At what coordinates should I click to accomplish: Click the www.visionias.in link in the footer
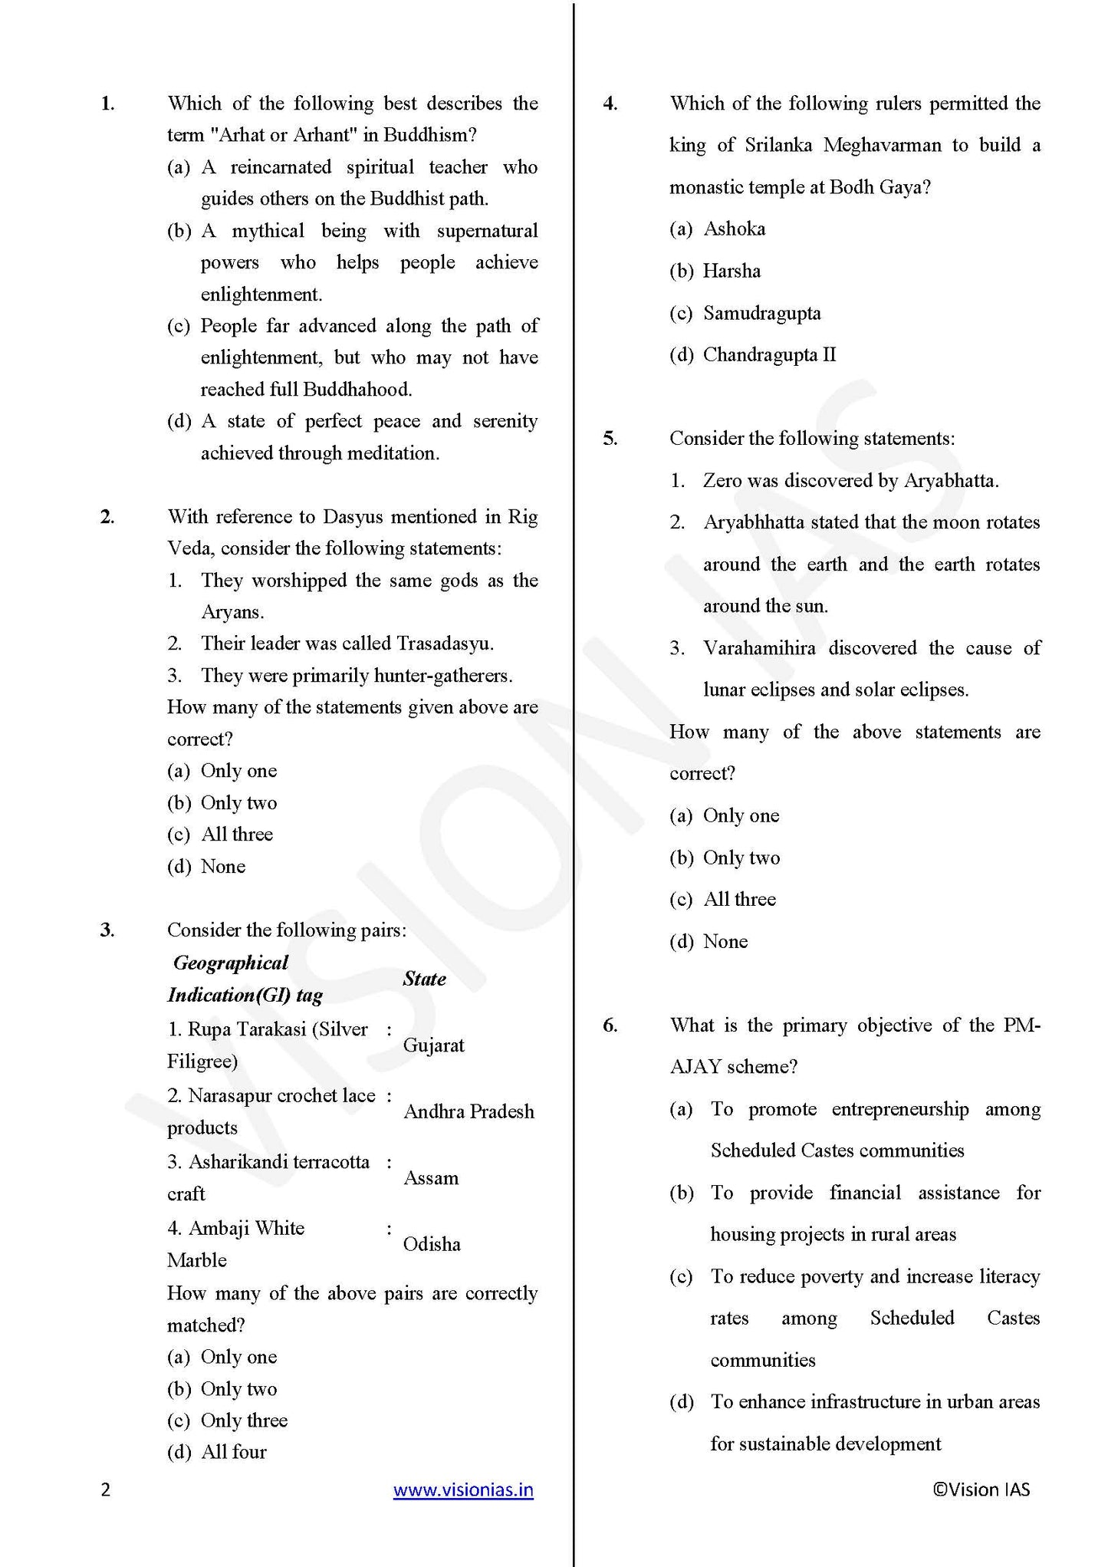point(463,1490)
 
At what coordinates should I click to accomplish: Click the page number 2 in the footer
point(106,1490)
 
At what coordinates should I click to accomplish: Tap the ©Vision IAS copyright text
point(981,1490)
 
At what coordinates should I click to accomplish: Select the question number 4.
point(610,104)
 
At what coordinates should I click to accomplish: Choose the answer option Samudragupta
point(761,313)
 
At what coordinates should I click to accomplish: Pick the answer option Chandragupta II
point(769,354)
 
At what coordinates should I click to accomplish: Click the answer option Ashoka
point(734,229)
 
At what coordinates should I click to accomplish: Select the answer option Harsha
point(732,271)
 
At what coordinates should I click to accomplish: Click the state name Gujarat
point(433,1045)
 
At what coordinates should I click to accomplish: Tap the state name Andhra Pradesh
point(469,1111)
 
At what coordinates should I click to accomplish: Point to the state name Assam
point(431,1178)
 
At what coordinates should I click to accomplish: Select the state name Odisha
point(432,1244)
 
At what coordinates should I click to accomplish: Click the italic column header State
point(424,979)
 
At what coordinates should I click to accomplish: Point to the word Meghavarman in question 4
point(882,145)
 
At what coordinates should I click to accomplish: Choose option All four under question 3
point(233,1452)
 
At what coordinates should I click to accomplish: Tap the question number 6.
point(610,1025)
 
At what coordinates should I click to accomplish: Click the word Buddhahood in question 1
point(357,390)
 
